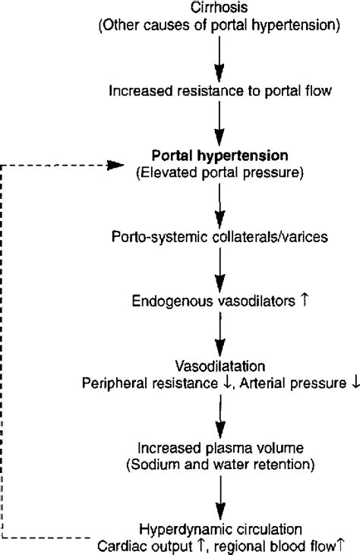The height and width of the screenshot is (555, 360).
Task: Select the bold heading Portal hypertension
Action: pyautogui.click(x=219, y=156)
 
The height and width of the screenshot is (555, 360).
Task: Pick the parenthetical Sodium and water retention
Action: pyautogui.click(x=219, y=463)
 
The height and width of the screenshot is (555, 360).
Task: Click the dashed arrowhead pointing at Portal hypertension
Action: pyautogui.click(x=115, y=164)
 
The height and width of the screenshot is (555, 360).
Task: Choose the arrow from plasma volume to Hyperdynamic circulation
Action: pyautogui.click(x=219, y=495)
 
